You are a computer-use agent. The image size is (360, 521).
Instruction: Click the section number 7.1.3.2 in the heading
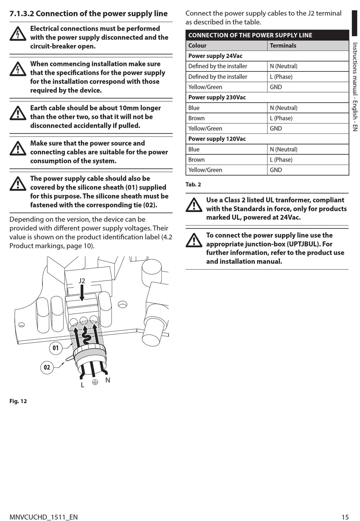pyautogui.click(x=22, y=14)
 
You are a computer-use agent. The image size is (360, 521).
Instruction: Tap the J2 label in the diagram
pyautogui.click(x=82, y=281)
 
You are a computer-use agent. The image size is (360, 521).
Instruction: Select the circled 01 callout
pyautogui.click(x=56, y=348)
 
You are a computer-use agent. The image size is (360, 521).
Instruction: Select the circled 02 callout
pyautogui.click(x=47, y=367)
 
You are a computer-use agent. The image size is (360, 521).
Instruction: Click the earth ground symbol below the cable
pyautogui.click(x=95, y=382)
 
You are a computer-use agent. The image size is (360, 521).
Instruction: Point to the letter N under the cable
pyautogui.click(x=108, y=380)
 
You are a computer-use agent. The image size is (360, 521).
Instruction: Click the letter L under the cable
pyautogui.click(x=82, y=385)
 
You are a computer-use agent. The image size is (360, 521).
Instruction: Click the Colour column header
pyautogui.click(x=197, y=46)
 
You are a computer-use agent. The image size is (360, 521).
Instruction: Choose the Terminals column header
pyautogui.click(x=283, y=46)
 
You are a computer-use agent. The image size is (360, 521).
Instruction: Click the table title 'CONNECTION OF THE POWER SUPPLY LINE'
pyautogui.click(x=250, y=35)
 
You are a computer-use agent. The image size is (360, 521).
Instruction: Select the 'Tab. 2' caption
pyautogui.click(x=193, y=185)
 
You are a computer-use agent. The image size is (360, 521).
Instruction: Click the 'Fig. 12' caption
pyautogui.click(x=18, y=401)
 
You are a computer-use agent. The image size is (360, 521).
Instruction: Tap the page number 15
pyautogui.click(x=345, y=517)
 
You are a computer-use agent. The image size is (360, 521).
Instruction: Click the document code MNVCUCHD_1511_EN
pyautogui.click(x=44, y=517)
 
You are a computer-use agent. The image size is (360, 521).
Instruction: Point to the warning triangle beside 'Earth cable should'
pyautogui.click(x=18, y=113)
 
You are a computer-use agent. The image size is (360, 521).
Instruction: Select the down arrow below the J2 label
pyautogui.click(x=82, y=293)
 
